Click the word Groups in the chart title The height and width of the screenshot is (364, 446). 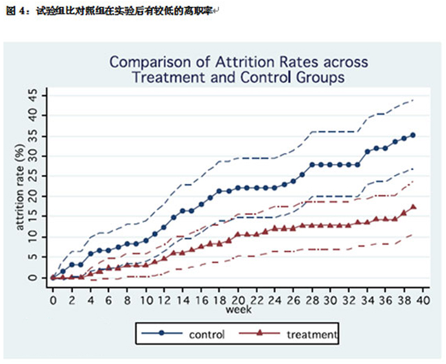click(312, 77)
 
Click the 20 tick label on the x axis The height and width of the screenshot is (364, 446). click(237, 299)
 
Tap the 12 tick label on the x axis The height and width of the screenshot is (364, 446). click(163, 299)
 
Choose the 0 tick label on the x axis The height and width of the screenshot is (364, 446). click(53, 299)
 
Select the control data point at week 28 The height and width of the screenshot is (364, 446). click(312, 165)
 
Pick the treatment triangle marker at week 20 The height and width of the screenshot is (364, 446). click(237, 234)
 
